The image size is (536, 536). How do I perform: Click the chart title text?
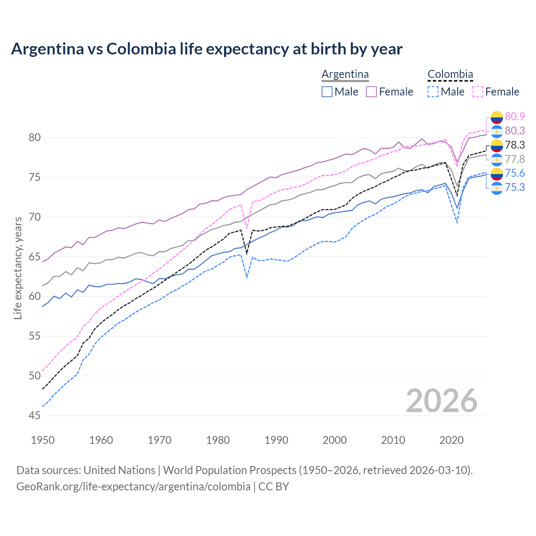pos(206,49)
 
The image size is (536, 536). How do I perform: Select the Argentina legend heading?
pos(345,74)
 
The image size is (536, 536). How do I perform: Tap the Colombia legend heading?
pos(450,74)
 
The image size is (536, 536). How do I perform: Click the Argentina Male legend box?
pos(327,92)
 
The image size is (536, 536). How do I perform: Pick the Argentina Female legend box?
pos(371,92)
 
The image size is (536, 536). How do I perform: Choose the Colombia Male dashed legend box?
pos(433,92)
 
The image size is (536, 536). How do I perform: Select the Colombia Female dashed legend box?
pos(478,92)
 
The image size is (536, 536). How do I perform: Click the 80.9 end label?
pos(515,116)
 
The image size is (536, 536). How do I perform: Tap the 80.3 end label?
pos(515,131)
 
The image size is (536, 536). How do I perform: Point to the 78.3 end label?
pos(515,145)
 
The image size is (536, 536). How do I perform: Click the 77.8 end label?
pos(515,159)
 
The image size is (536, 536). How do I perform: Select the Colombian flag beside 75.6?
pos(497,173)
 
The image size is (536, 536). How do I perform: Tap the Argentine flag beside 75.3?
pos(497,188)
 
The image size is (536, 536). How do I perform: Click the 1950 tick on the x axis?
pos(43,440)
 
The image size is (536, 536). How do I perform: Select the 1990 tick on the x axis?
pos(276,440)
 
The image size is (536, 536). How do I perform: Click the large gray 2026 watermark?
pos(441,401)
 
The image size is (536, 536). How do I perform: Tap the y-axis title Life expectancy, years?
pos(18,268)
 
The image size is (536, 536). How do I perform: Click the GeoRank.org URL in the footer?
pos(133,486)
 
